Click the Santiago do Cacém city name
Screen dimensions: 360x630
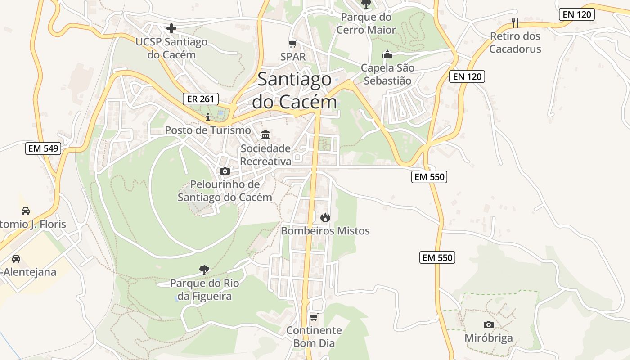pos(294,91)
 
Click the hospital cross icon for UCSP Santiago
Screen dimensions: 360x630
pos(171,28)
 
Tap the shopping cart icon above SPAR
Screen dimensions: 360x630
pos(293,44)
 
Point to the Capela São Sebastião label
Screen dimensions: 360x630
pos(387,74)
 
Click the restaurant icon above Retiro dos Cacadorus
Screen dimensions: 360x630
pos(515,22)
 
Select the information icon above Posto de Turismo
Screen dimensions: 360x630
pos(208,117)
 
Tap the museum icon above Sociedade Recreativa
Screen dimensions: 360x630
pos(265,135)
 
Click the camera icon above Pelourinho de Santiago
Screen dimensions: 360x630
pos(225,171)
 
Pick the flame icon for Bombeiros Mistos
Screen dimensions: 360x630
pos(325,218)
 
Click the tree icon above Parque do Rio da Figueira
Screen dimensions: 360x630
pos(204,270)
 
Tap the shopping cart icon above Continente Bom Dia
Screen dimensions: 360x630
pos(314,317)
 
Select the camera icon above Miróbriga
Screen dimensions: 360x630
pos(488,324)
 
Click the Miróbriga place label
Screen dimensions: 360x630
pos(488,338)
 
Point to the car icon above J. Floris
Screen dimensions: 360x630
pos(26,211)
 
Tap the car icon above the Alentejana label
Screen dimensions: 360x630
pos(16,259)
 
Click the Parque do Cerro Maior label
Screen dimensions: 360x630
pos(366,23)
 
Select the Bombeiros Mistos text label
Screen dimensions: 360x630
pos(325,231)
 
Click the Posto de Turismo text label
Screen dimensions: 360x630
pos(208,130)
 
